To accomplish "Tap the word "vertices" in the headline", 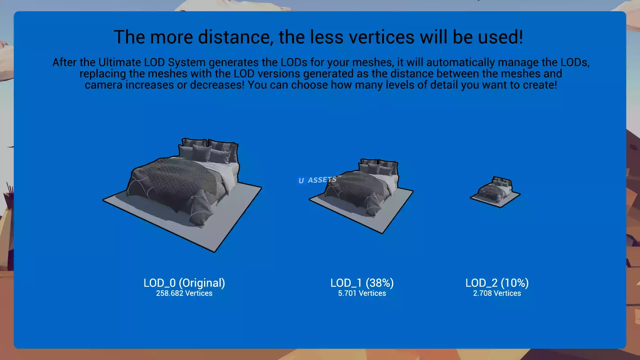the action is click(382, 37).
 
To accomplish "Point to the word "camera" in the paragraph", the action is click(103, 85).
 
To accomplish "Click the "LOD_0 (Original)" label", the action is click(184, 283).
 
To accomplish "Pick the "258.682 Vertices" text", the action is click(184, 293).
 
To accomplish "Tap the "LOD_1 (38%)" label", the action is click(362, 283).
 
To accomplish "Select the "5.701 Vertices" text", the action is click(362, 293).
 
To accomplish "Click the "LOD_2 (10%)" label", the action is click(497, 283).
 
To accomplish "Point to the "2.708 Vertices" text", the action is click(497, 293).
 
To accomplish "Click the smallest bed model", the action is click(495, 192).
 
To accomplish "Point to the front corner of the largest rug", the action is click(215, 252).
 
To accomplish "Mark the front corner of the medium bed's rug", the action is click(382, 233).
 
